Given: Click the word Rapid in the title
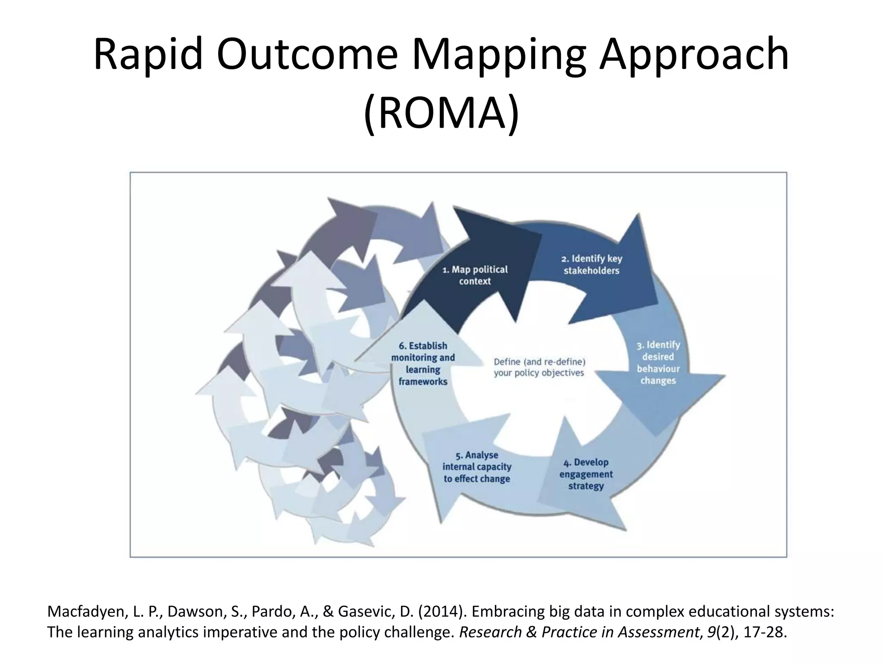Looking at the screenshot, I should [148, 55].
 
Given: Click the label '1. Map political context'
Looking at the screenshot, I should [475, 275].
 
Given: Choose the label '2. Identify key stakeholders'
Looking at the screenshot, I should [591, 265].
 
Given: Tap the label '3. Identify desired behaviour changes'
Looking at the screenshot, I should [658, 363].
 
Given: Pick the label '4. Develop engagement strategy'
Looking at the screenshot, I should [586, 474].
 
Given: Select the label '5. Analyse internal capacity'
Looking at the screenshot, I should [477, 467].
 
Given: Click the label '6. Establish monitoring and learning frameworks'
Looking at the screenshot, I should [423, 363].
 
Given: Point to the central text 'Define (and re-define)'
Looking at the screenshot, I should [539, 362].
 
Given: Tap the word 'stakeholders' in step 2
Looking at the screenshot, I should [591, 271].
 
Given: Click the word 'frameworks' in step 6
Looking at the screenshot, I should [423, 382].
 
